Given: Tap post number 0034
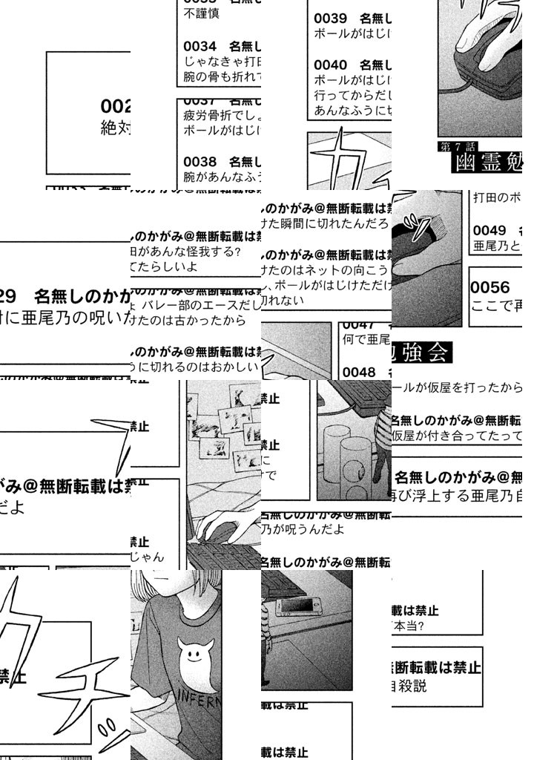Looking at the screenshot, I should pos(200,47).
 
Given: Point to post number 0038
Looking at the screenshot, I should pos(200,161).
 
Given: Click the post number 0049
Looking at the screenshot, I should pos(489,230).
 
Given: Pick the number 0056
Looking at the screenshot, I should pos(490,288).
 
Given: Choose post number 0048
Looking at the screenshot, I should pos(359,372).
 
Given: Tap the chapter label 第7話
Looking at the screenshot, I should pos(458,146).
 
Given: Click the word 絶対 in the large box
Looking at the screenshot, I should pos(116,128).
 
